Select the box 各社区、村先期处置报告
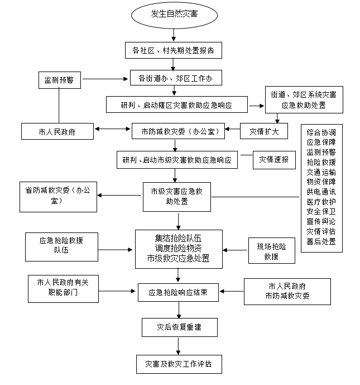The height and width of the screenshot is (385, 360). (x=174, y=50)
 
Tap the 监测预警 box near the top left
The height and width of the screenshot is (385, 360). (x=59, y=80)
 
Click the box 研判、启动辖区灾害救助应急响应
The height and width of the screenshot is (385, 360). (x=176, y=104)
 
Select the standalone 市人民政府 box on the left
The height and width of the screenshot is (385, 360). (x=57, y=132)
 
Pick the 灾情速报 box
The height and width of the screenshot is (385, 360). (x=273, y=159)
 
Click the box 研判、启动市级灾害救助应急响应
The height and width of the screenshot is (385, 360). (x=176, y=160)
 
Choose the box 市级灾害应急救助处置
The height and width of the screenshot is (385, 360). (x=176, y=197)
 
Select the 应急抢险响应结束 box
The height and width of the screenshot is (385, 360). (x=179, y=292)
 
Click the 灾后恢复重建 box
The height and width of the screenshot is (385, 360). (x=179, y=327)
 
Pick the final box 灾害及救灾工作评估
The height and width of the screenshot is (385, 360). (x=179, y=364)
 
